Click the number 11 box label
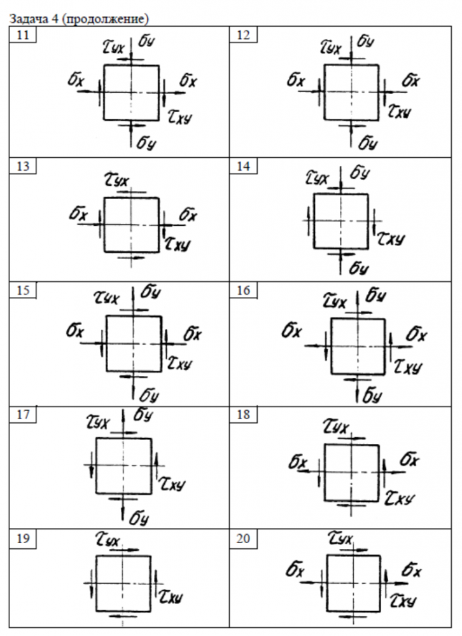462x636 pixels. point(22,35)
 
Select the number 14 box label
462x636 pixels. point(243,167)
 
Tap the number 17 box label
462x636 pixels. point(22,415)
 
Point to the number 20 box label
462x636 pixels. point(243,539)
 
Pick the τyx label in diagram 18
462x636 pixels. point(336,425)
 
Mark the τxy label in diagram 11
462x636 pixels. point(181,115)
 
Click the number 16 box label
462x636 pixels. point(243,291)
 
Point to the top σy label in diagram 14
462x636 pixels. point(360,174)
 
